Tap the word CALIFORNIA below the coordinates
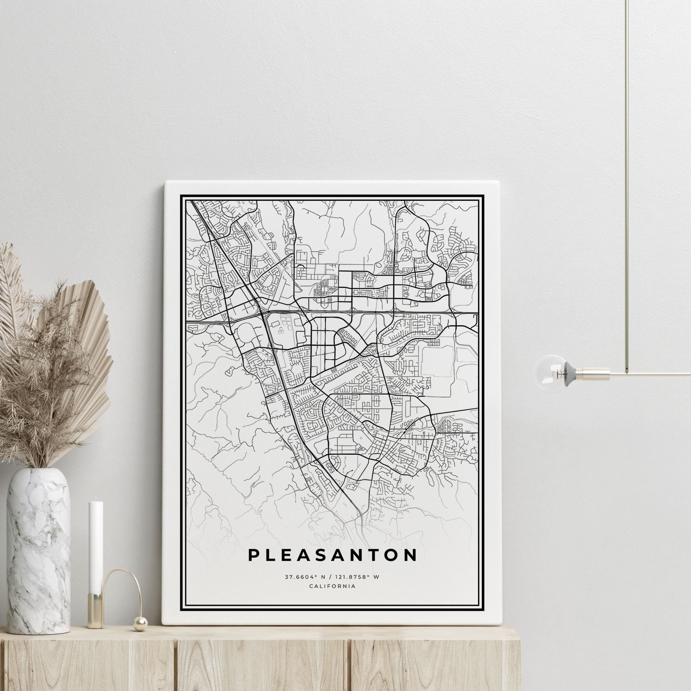332,586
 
